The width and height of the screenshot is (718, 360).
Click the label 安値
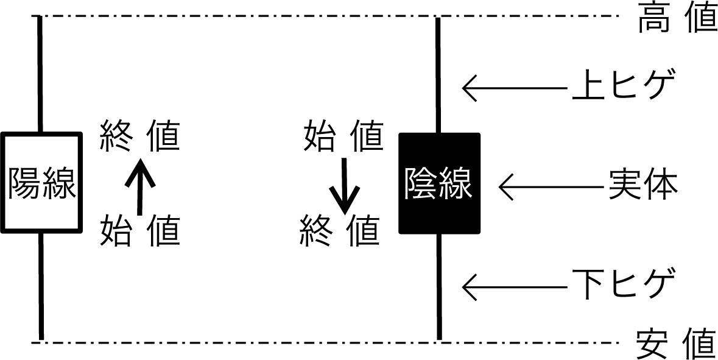[x=676, y=345]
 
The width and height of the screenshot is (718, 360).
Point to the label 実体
[x=643, y=185]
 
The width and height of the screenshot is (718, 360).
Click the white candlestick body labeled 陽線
[x=41, y=183]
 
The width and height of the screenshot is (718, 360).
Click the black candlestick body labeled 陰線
[x=439, y=183]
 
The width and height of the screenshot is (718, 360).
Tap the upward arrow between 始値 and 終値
[x=141, y=186]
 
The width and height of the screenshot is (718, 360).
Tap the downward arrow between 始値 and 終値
[x=343, y=185]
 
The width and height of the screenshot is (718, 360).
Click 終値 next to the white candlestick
[x=140, y=136]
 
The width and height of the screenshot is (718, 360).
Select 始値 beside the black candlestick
[x=343, y=136]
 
